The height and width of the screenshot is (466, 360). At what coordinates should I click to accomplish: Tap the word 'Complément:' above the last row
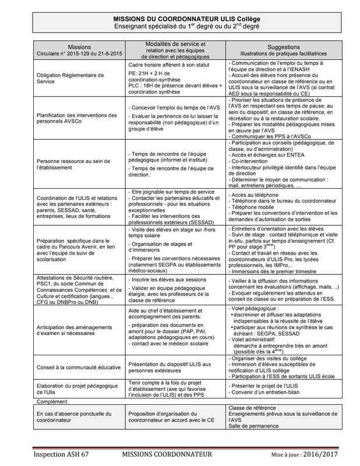click(52, 401)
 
